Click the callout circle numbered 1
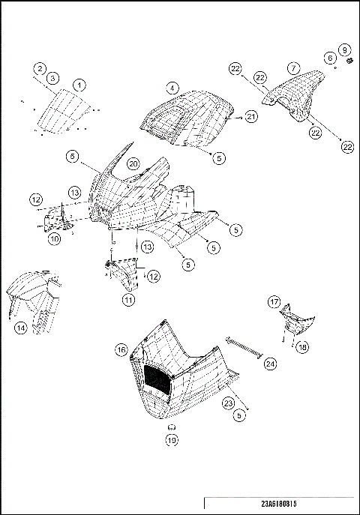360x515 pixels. tap(79, 85)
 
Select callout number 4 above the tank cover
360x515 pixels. tap(172, 88)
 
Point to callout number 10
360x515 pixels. tap(55, 239)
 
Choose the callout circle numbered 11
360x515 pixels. tap(128, 300)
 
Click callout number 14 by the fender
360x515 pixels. tap(21, 328)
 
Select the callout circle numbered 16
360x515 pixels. tap(121, 350)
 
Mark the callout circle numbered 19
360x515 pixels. tap(171, 440)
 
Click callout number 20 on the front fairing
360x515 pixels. tap(133, 163)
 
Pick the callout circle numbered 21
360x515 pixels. tap(251, 116)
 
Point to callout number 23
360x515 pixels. tap(228, 402)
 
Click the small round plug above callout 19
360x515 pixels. tap(171, 425)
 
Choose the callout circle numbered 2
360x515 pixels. tap(39, 69)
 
